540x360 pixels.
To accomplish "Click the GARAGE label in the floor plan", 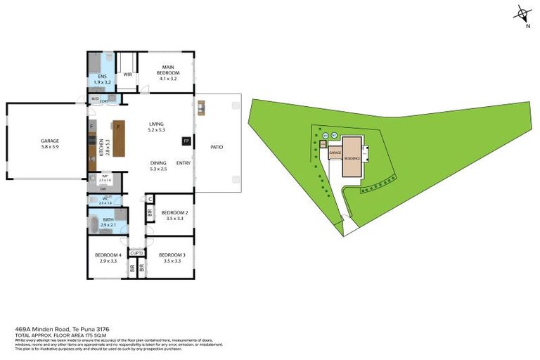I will click(49, 141).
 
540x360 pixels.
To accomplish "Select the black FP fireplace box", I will click(186, 141).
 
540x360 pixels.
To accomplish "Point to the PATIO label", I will click(217, 147).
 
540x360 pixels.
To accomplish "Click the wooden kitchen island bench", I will click(120, 139).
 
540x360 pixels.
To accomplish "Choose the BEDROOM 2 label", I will click(174, 212).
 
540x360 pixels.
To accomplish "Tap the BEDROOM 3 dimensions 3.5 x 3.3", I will click(171, 261).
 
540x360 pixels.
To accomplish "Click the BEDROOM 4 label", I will click(108, 255).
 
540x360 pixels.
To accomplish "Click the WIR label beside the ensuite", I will click(128, 72).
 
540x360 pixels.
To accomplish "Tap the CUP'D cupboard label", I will click(136, 252).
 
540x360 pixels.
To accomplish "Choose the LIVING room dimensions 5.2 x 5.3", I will click(156, 130).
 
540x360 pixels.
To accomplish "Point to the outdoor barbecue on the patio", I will click(201, 108).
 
